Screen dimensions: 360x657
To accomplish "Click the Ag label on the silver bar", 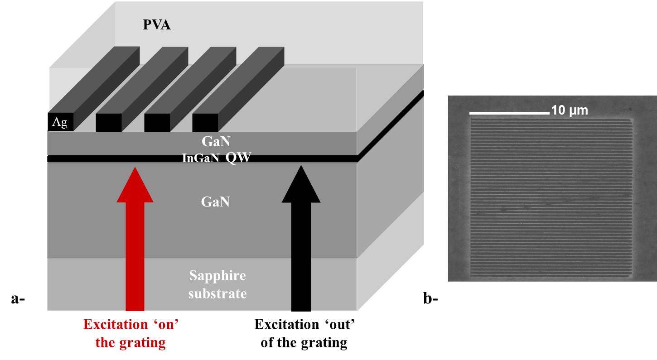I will click(60, 123).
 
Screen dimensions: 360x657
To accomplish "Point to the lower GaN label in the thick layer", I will click(215, 202).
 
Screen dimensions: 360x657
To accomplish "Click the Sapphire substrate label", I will click(217, 284).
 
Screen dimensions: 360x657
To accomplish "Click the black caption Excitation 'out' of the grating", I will click(304, 333).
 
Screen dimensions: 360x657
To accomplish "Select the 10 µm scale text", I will click(570, 110).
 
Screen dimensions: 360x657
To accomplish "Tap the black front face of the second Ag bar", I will click(109, 122).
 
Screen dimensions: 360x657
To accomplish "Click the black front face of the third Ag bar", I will click(157, 122).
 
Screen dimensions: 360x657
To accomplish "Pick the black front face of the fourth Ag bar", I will click(205, 122).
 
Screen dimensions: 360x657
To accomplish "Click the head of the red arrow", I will click(135, 186).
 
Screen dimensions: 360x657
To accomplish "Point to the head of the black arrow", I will click(301, 186).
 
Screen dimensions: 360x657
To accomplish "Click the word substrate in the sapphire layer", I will click(217, 293).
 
